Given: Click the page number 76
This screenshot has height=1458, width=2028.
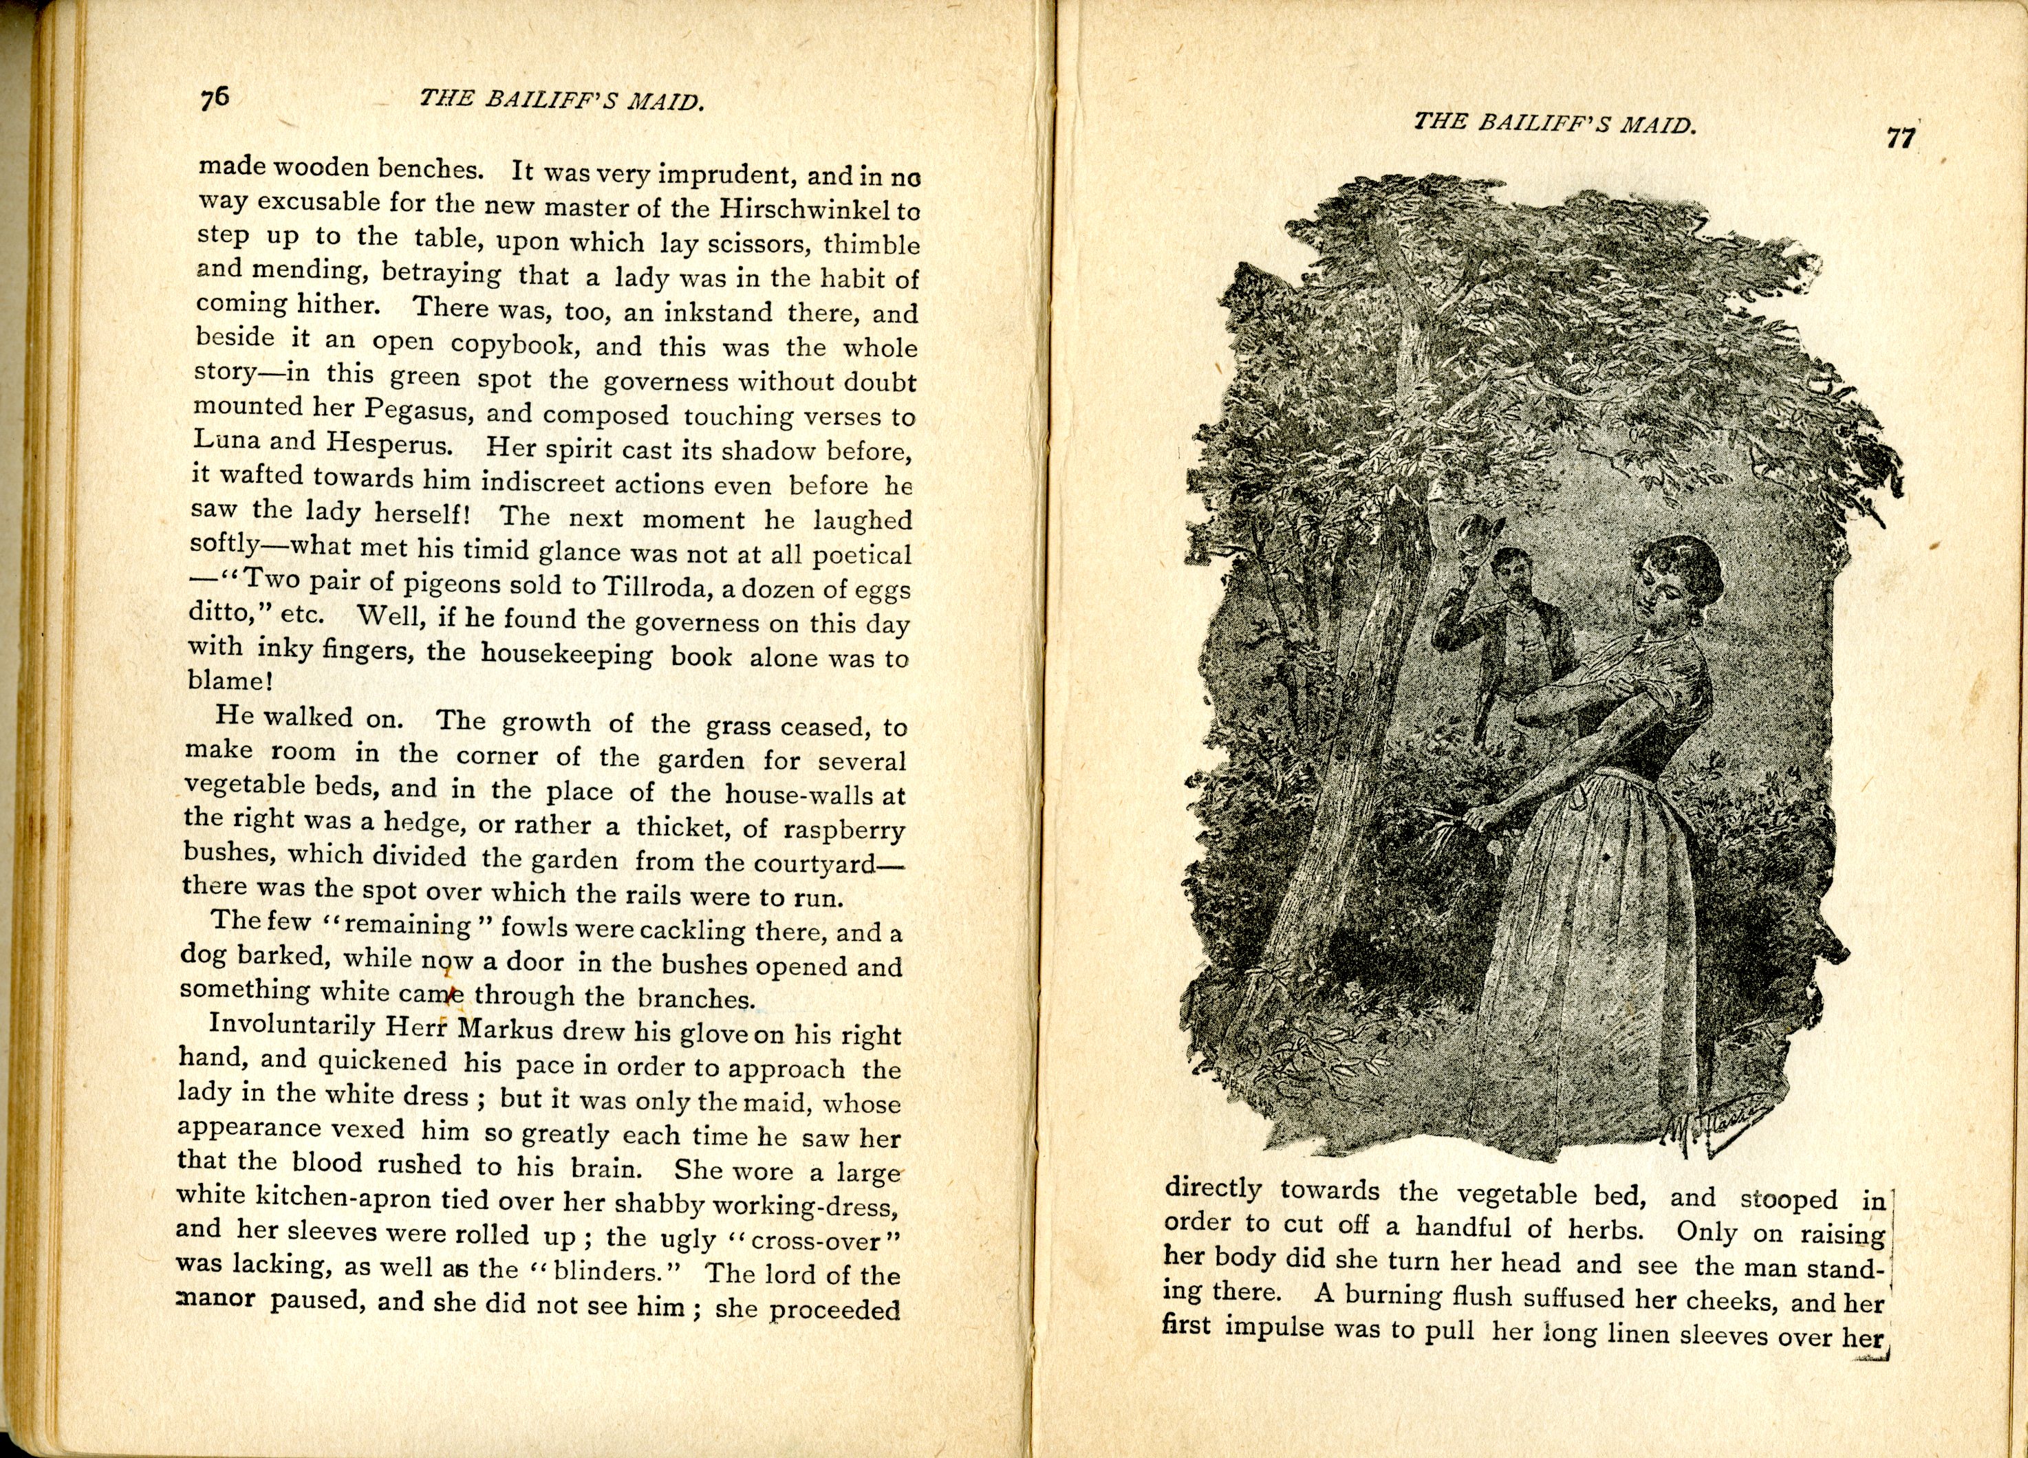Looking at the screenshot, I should (x=215, y=96).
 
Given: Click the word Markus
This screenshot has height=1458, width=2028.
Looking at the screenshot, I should (x=508, y=1027).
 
